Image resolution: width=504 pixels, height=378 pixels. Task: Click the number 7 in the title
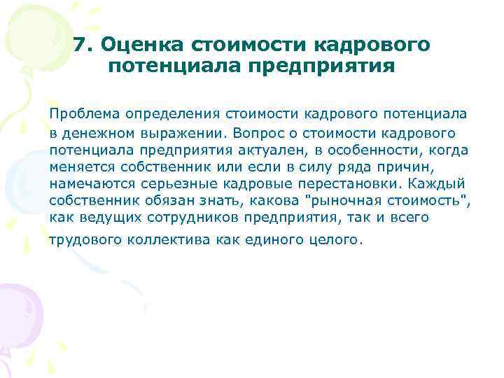pyautogui.click(x=80, y=45)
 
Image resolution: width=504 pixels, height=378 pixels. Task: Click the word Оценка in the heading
pyautogui.click(x=138, y=45)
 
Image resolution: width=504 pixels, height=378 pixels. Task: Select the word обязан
pyautogui.click(x=166, y=202)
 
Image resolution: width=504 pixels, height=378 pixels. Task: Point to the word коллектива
pyautogui.click(x=165, y=240)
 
